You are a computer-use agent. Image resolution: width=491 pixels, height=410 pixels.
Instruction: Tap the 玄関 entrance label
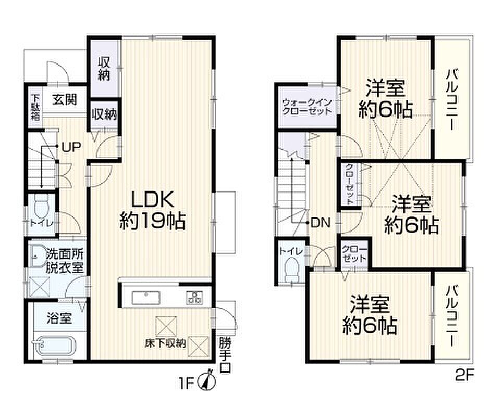click(x=65, y=100)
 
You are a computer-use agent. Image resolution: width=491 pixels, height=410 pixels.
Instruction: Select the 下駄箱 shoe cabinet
click(x=35, y=107)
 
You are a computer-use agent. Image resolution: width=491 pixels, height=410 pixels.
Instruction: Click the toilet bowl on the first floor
click(x=41, y=206)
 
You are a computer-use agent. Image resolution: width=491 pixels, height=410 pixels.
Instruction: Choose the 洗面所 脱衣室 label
click(x=65, y=261)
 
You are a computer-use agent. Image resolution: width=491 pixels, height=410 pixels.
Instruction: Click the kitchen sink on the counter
click(x=146, y=298)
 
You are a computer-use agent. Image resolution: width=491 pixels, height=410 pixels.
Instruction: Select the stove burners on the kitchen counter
click(x=194, y=298)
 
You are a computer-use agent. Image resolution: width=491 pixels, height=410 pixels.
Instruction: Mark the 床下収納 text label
click(x=165, y=343)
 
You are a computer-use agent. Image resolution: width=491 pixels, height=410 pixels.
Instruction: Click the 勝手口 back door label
click(x=225, y=355)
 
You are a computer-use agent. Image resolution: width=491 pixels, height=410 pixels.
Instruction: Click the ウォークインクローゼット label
click(x=307, y=107)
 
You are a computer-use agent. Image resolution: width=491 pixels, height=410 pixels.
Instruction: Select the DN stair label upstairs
click(x=321, y=223)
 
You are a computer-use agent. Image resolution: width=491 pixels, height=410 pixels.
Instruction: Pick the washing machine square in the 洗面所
click(x=40, y=287)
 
